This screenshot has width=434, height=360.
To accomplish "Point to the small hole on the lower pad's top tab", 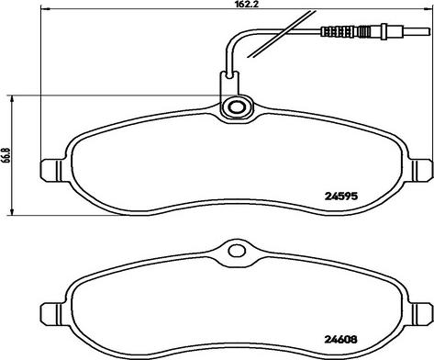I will (236, 248).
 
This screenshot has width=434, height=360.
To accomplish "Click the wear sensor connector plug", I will (344, 34).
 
